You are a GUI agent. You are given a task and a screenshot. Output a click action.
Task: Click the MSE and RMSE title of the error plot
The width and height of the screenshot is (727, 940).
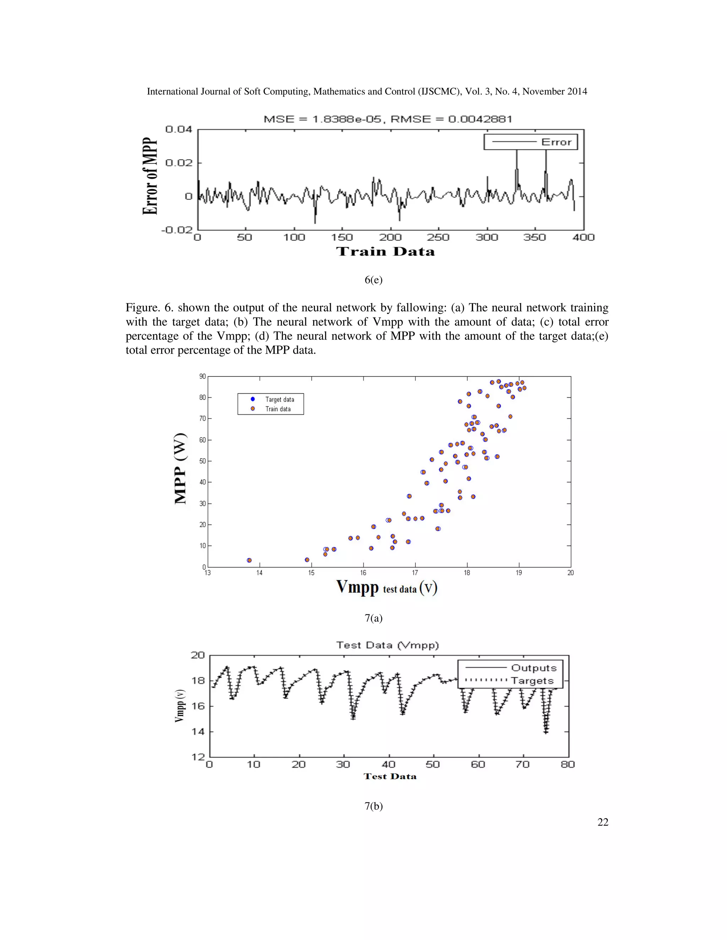[x=388, y=119]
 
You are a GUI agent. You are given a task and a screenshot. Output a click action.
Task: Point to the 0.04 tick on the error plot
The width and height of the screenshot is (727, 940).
[x=179, y=129]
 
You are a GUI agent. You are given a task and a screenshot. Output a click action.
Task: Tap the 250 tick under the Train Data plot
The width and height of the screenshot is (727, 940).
[x=438, y=238]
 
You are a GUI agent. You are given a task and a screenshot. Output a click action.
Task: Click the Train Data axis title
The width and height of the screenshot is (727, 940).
[x=385, y=252]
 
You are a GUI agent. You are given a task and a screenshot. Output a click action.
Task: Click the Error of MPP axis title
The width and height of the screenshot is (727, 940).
[x=150, y=176]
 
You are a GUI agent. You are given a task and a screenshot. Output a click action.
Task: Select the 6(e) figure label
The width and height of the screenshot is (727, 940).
[x=373, y=280]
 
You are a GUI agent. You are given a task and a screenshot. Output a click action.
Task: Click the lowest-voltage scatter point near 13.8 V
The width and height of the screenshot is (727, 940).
[x=249, y=560]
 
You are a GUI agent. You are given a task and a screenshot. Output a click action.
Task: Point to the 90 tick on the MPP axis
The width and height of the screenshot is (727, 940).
[x=202, y=377]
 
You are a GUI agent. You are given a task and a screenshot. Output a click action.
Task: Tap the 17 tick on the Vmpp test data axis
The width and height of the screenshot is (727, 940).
[x=415, y=573]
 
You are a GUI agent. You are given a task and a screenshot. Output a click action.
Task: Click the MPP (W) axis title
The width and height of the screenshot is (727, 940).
[x=181, y=468]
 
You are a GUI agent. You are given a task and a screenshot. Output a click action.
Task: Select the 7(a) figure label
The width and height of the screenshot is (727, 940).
[x=373, y=619]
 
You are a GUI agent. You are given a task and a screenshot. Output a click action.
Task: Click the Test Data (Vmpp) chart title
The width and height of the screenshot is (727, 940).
[x=387, y=645]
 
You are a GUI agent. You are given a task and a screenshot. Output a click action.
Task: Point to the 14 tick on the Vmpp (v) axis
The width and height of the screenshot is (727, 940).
[x=198, y=732]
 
